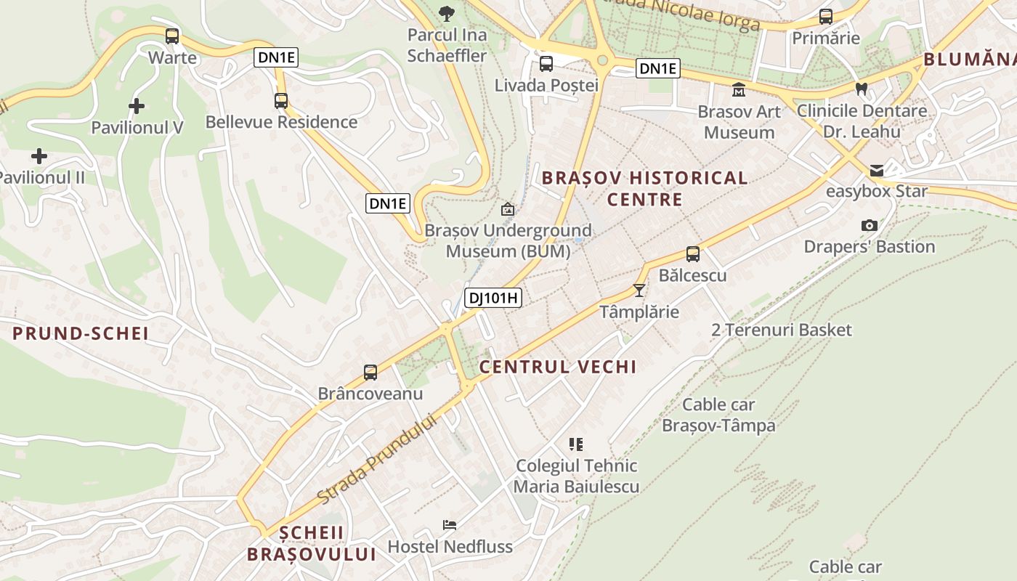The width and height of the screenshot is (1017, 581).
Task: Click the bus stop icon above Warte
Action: tap(172, 36)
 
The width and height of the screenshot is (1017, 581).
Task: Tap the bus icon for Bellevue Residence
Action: tap(281, 101)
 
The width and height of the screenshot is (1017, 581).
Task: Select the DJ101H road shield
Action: tap(494, 297)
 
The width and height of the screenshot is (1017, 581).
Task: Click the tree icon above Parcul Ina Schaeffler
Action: tap(447, 12)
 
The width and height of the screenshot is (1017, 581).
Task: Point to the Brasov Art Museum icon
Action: tap(739, 90)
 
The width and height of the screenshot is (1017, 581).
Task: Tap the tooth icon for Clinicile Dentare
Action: tap(862, 89)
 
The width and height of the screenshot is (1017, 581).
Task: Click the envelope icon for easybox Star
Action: tap(877, 171)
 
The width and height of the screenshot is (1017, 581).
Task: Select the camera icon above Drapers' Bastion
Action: tap(869, 226)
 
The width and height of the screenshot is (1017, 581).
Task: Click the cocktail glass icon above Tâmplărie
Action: tap(639, 290)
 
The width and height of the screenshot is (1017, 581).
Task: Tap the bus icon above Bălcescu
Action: tap(693, 254)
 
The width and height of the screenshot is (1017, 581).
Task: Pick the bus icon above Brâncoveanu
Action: tap(370, 373)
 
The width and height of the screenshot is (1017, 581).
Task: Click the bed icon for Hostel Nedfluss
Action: tap(450, 525)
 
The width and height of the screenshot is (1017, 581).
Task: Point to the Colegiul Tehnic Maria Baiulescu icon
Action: tap(576, 444)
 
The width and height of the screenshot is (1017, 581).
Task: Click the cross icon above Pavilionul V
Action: tap(136, 107)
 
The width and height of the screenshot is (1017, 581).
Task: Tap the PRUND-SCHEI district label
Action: tap(81, 333)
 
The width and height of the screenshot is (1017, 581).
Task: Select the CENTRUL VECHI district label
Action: tap(558, 367)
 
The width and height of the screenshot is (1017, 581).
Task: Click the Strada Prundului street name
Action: tap(378, 459)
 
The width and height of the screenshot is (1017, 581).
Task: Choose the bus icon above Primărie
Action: tap(826, 17)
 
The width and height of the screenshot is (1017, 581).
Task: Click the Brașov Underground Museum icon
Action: tap(508, 209)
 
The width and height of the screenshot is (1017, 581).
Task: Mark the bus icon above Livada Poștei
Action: tap(546, 63)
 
